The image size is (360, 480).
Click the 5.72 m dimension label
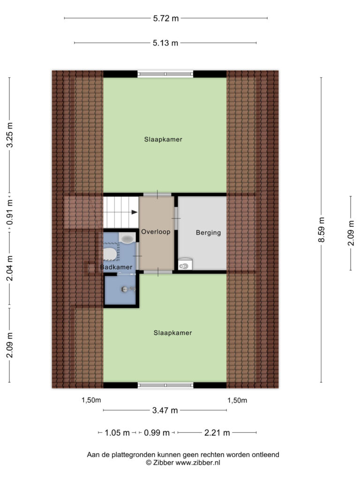(165, 18)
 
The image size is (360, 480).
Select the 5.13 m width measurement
(165, 43)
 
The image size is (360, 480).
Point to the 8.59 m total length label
(321, 230)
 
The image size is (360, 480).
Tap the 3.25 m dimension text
(9, 135)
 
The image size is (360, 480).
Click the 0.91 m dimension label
(9, 212)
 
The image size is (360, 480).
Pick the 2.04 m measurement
(9, 268)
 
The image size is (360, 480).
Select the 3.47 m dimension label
(165, 410)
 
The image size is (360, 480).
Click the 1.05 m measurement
(117, 433)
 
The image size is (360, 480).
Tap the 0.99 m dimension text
(157, 433)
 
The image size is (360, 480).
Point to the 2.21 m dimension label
(217, 433)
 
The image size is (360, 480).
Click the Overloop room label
(156, 232)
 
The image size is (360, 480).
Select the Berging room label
(209, 232)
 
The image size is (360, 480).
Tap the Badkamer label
(116, 267)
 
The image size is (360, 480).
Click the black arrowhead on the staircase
(135, 212)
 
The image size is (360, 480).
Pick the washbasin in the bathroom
(127, 238)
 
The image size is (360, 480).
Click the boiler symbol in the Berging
(185, 264)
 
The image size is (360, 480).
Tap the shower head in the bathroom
(125, 289)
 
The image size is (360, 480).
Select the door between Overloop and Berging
(176, 218)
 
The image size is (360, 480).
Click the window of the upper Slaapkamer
(165, 74)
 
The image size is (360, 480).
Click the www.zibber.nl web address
(198, 463)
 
